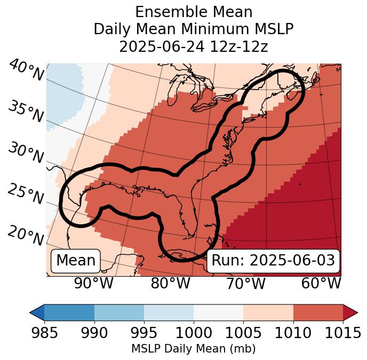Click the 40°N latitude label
pyautogui.click(x=26, y=71)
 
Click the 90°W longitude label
pyautogui.click(x=94, y=284)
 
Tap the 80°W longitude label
pyautogui.click(x=170, y=284)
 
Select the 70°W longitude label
pyautogui.click(x=245, y=284)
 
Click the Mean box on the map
pyautogui.click(x=76, y=261)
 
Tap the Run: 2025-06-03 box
pyautogui.click(x=273, y=261)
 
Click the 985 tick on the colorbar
pyautogui.click(x=44, y=333)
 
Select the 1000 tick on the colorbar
pyautogui.click(x=193, y=333)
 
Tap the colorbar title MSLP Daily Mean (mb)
pyautogui.click(x=193, y=349)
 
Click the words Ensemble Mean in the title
pyautogui.click(x=193, y=12)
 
